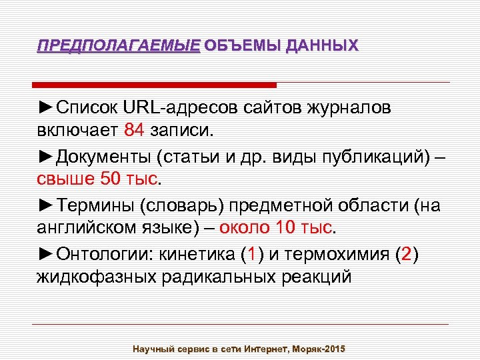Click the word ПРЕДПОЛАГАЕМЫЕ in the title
118,46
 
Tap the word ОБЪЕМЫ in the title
242,46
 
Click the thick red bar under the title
155,85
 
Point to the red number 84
133,130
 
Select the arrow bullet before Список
46,107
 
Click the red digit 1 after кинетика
251,254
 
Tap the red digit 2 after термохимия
407,254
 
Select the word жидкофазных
95,277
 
